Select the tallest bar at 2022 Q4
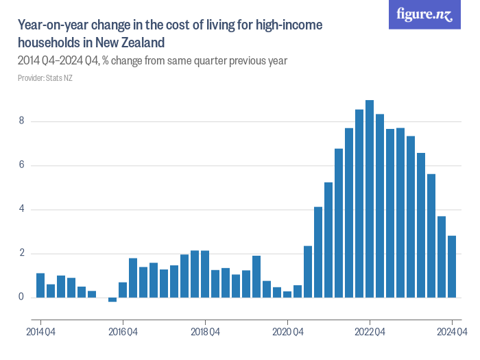click(x=370, y=199)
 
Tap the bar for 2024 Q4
click(x=452, y=266)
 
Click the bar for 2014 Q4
click(x=40, y=285)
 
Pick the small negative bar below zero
click(x=112, y=300)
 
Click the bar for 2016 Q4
click(x=123, y=289)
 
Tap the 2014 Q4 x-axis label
click(x=40, y=333)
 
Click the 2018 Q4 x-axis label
click(x=205, y=333)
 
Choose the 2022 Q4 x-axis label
click(x=370, y=333)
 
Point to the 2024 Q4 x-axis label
click(x=452, y=333)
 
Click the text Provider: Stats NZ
click(x=45, y=78)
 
